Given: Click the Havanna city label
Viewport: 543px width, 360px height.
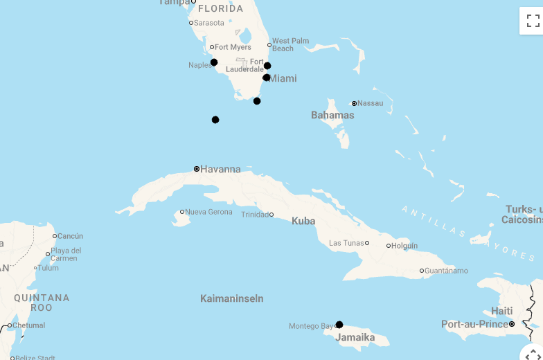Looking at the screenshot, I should (220, 169).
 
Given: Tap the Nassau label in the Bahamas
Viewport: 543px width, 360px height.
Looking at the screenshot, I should (370, 103).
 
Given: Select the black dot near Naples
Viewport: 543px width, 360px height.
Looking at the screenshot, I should (214, 62).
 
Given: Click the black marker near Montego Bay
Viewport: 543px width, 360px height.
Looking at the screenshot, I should (339, 325).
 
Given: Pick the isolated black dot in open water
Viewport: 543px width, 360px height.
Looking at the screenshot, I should (215, 120).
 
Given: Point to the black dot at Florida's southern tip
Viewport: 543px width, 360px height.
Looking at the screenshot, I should (257, 101).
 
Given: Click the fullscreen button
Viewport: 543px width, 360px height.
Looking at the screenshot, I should (533, 21).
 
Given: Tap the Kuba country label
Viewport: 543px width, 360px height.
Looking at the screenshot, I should (303, 221).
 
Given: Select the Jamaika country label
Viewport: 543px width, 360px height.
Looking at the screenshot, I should (355, 338).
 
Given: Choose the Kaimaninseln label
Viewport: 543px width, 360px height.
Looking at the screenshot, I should (231, 298).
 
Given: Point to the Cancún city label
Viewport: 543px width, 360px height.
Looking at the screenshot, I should (70, 236).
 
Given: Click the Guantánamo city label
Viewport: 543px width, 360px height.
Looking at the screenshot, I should (446, 271).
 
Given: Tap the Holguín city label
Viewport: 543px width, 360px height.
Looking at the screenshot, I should (404, 246).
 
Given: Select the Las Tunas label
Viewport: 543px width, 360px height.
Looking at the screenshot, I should (346, 243).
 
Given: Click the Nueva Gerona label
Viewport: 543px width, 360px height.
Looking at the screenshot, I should (208, 212).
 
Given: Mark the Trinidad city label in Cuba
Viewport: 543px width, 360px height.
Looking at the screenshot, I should (254, 215).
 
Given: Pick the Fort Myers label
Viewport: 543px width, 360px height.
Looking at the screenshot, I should (233, 47).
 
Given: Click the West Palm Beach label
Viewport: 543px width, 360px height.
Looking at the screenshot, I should (290, 44).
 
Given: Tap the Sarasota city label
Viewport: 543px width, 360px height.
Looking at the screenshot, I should (209, 23).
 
